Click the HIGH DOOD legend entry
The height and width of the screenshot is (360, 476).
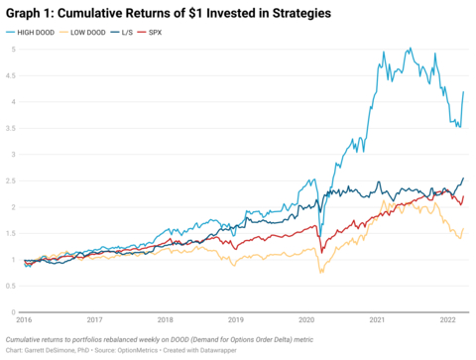click(43, 33)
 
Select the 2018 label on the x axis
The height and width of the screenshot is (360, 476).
click(166, 319)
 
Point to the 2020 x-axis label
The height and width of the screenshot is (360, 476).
click(305, 319)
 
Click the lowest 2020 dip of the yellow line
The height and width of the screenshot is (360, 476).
click(319, 271)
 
